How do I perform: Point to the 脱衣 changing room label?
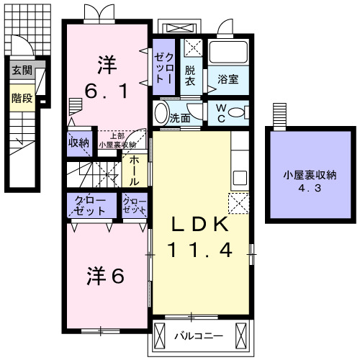[190, 76]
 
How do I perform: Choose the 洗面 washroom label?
[180, 118]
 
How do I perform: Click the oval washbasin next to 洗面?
[161, 112]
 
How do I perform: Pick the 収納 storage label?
[78, 143]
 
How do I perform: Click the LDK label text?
[199, 225]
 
